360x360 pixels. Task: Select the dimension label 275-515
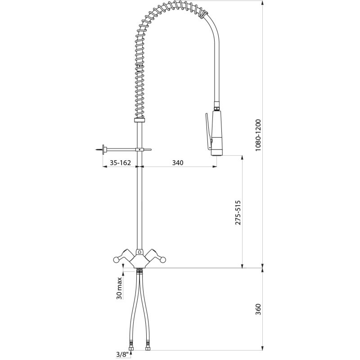point(238,213)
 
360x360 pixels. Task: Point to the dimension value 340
point(178,163)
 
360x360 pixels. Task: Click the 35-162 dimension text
point(120,163)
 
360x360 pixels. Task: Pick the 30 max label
point(119,288)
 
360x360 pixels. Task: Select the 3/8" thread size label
point(121,355)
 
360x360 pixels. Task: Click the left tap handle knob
point(116,259)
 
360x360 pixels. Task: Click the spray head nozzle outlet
point(217,153)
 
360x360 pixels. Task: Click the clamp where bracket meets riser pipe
point(140,149)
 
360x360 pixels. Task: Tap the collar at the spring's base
point(140,120)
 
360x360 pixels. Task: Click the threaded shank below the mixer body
point(139,271)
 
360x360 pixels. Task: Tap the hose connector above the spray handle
point(217,108)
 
